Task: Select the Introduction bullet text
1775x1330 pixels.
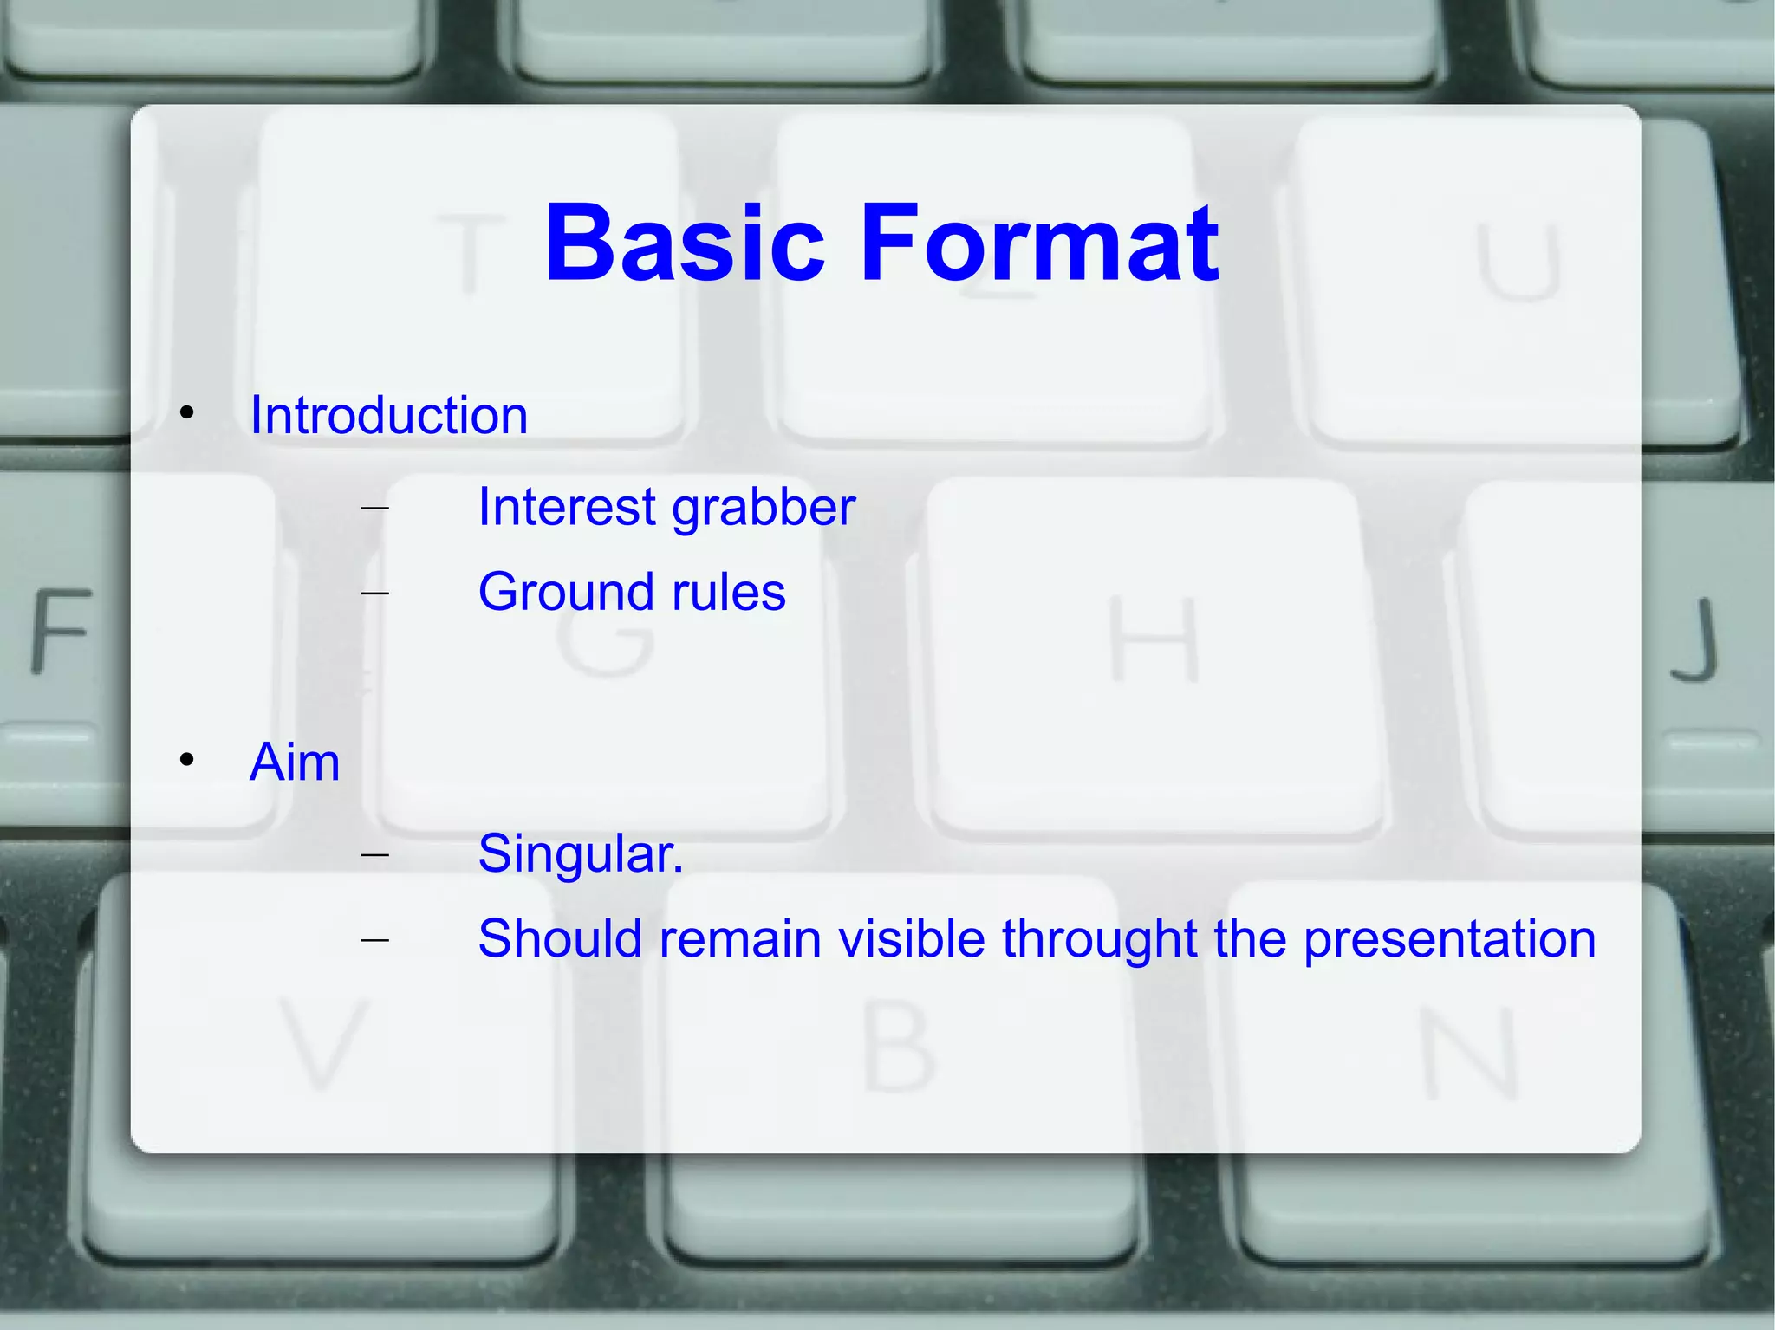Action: pos(388,415)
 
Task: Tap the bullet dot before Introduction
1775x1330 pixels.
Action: pos(187,413)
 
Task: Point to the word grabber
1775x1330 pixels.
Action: pos(764,509)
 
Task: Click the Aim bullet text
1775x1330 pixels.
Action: pos(295,762)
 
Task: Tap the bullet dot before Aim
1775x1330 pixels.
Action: pos(187,761)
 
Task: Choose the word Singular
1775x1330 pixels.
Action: pos(580,853)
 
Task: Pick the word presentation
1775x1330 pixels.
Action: pos(1449,939)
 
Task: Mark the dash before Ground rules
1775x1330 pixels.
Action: pos(374,594)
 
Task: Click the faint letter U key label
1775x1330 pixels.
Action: pos(1518,262)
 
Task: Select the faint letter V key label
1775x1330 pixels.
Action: pos(323,1043)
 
